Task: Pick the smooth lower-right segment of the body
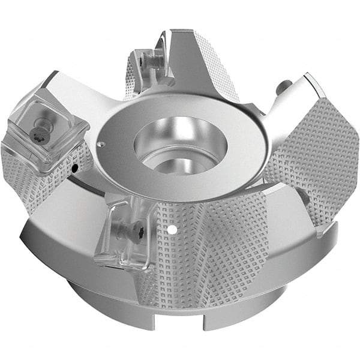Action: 300,252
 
